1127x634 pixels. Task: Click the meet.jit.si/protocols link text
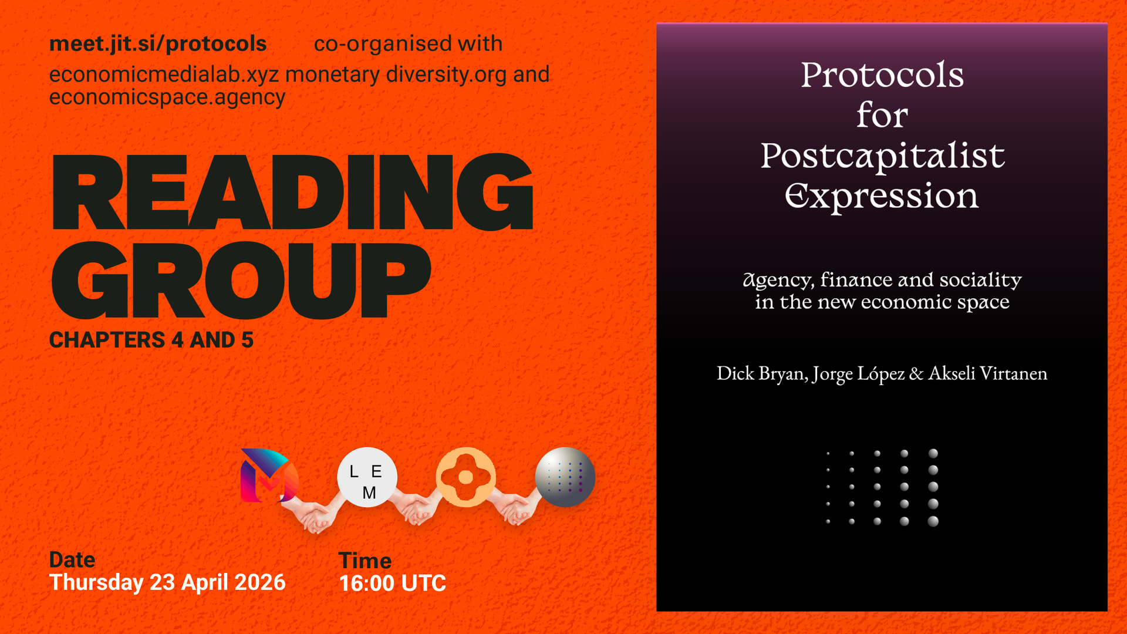tap(158, 44)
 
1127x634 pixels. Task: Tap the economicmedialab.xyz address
tap(164, 75)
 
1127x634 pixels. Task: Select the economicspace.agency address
tap(167, 97)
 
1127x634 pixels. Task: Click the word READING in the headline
tap(292, 192)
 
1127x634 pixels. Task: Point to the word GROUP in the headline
tap(241, 280)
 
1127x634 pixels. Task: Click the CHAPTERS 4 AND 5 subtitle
tap(151, 340)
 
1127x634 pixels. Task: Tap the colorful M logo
tap(269, 475)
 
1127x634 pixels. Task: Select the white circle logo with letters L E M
tap(367, 477)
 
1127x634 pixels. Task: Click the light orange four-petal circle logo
tap(465, 477)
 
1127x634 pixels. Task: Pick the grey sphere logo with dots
tap(565, 477)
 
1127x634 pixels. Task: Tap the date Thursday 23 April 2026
tap(167, 583)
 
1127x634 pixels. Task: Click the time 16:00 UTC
tap(393, 584)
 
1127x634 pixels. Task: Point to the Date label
tap(72, 560)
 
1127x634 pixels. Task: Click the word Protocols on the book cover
tap(882, 75)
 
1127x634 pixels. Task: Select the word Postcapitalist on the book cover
tap(882, 156)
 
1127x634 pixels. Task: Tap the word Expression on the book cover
tap(882, 197)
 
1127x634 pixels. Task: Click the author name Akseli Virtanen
tap(988, 373)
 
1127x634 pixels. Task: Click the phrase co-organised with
tap(408, 44)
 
